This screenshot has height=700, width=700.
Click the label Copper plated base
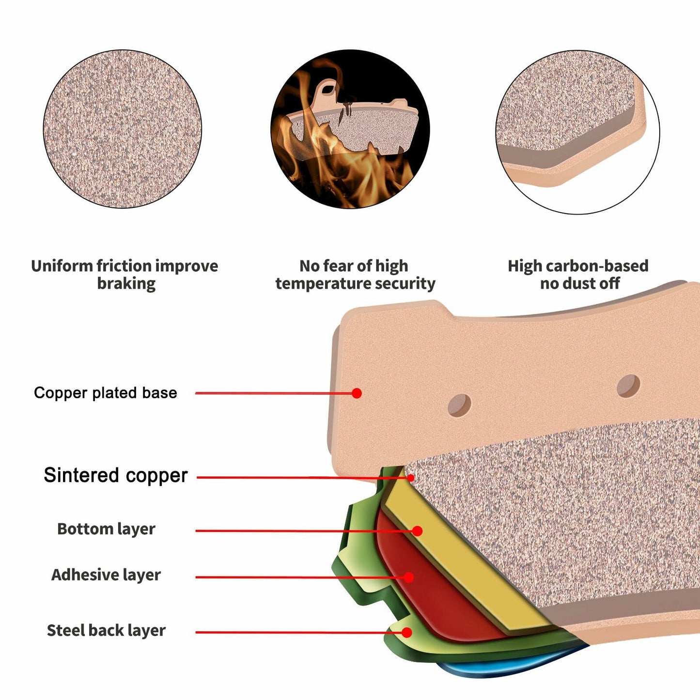pyautogui.click(x=105, y=392)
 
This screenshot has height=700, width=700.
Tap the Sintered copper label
pyautogui.click(x=115, y=475)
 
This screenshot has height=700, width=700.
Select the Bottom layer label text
pyautogui.click(x=106, y=529)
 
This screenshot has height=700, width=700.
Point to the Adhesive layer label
pyautogui.click(x=106, y=575)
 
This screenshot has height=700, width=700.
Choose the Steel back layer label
pyautogui.click(x=106, y=630)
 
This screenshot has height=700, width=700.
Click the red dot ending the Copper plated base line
pyautogui.click(x=357, y=393)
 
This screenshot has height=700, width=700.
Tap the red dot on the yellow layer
pyautogui.click(x=417, y=531)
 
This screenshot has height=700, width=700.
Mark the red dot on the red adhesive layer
pyautogui.click(x=408, y=577)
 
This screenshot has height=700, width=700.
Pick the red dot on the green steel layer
pyautogui.click(x=407, y=632)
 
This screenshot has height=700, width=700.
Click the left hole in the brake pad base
pyautogui.click(x=459, y=405)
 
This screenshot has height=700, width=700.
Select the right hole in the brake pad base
pyautogui.click(x=628, y=386)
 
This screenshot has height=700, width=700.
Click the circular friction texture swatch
pyautogui.click(x=123, y=129)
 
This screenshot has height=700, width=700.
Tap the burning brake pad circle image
pyautogui.click(x=350, y=129)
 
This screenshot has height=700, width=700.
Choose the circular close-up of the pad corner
pyautogui.click(x=577, y=132)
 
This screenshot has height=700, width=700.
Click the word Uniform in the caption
pyautogui.click(x=62, y=266)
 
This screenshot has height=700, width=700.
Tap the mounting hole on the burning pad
pyautogui.click(x=328, y=89)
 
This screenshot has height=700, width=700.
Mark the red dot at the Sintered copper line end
pyautogui.click(x=411, y=478)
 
